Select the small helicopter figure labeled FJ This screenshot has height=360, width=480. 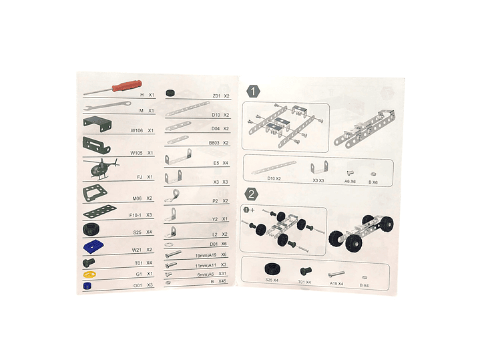(x=101, y=169)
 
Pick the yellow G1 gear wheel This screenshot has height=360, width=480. (x=90, y=274)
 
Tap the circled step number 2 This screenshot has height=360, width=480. (x=252, y=194)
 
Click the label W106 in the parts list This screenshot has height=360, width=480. (x=138, y=131)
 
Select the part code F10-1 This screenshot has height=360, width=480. (x=136, y=215)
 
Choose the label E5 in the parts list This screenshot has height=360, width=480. (x=216, y=163)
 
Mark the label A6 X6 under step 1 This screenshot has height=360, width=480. (x=350, y=181)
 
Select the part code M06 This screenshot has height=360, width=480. (x=137, y=198)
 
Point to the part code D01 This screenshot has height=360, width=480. (x=215, y=244)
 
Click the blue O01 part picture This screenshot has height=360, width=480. (x=87, y=285)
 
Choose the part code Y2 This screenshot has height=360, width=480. (x=216, y=219)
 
